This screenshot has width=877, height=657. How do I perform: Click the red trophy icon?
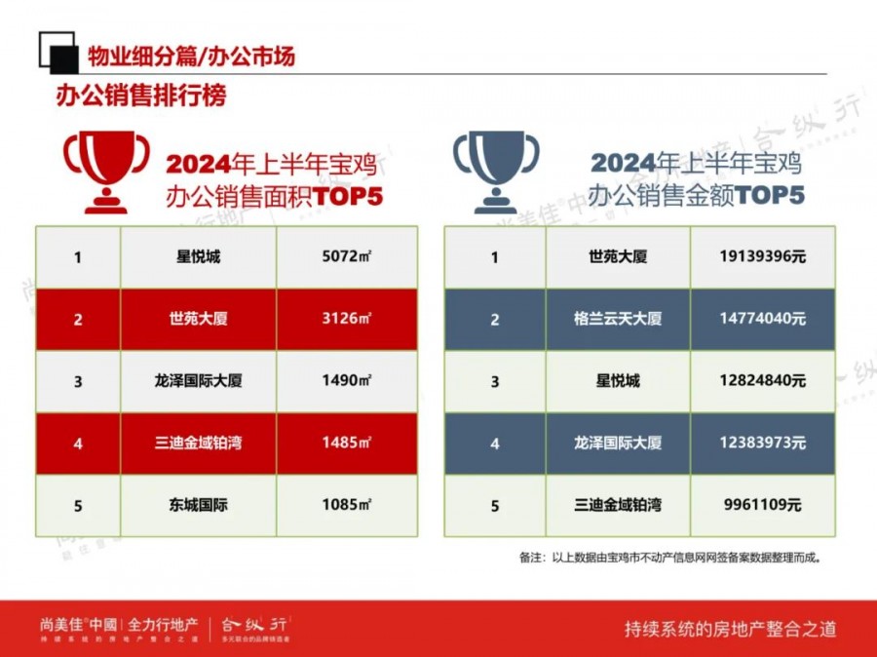(x=106, y=172)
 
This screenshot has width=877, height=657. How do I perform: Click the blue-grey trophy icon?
(x=496, y=172)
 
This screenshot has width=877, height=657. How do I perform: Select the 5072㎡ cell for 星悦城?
(x=347, y=256)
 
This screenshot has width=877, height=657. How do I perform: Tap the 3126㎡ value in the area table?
(x=347, y=319)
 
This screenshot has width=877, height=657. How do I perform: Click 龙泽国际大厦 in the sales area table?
(x=198, y=381)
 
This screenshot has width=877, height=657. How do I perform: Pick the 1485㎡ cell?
(x=347, y=443)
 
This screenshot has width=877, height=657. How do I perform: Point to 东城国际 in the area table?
(x=198, y=505)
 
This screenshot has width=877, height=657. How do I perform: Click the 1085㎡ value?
(x=347, y=505)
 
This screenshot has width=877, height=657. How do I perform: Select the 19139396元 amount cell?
(x=762, y=256)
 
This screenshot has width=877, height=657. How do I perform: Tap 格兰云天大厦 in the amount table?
(x=618, y=319)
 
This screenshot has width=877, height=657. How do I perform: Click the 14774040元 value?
(x=762, y=319)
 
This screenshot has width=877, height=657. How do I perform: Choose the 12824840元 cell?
(x=762, y=381)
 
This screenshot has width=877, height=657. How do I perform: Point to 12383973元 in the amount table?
(x=762, y=443)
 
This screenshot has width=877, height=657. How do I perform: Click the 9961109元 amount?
(x=762, y=505)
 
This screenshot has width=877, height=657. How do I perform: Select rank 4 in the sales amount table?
(x=495, y=444)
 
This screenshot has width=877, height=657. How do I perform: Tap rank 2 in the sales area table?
(x=78, y=320)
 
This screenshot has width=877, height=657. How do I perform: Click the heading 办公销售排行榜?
(x=141, y=95)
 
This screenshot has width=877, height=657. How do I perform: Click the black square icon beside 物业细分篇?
(x=58, y=53)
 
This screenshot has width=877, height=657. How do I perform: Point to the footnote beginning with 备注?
(x=670, y=558)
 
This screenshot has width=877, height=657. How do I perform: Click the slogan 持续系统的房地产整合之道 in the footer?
(x=731, y=629)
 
